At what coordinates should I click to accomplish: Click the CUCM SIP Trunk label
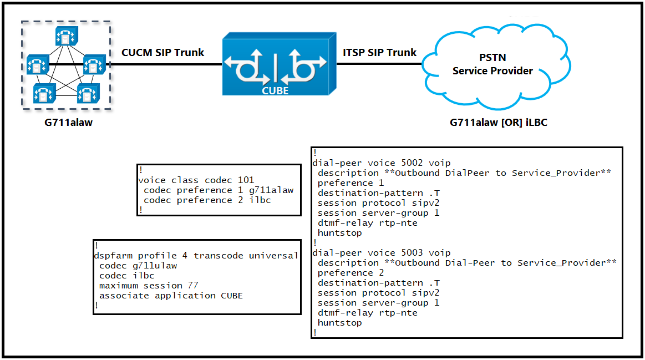tap(162, 53)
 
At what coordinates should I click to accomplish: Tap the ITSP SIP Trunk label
tap(379, 53)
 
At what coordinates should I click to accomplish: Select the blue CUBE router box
tap(280, 64)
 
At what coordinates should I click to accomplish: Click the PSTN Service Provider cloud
tap(496, 67)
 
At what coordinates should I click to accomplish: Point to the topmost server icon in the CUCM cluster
tap(66, 36)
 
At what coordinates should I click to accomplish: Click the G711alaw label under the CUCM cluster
tap(68, 123)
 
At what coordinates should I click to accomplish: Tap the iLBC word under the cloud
tap(536, 123)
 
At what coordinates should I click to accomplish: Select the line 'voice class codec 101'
tap(196, 180)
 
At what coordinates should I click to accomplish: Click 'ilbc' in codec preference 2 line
tap(260, 200)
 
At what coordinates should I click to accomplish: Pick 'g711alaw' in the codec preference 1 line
tap(271, 190)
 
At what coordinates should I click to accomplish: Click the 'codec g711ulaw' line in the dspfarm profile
tap(138, 266)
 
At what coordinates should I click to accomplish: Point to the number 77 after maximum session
tap(193, 286)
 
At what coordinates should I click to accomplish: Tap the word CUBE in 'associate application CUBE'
tap(232, 296)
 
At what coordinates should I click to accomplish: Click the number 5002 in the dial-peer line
tap(412, 163)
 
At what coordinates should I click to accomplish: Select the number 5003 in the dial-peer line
tap(412, 253)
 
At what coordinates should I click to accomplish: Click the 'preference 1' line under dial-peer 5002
tap(351, 183)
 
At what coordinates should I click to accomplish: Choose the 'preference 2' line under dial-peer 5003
tap(351, 273)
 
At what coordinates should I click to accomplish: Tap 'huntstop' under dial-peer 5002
tap(339, 234)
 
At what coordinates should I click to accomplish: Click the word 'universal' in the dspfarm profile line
tap(273, 256)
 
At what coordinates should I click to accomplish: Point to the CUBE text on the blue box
tap(275, 91)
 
